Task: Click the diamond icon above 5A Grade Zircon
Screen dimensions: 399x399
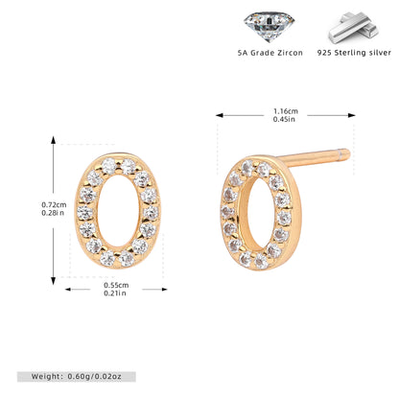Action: click(x=269, y=26)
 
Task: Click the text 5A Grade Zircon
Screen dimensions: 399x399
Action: click(x=270, y=53)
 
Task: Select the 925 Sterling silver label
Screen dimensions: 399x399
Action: click(x=354, y=53)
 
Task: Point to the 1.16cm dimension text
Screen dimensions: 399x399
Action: click(x=286, y=111)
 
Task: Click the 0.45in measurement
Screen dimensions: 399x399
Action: click(x=284, y=119)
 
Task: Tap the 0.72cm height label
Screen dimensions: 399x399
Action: click(x=54, y=204)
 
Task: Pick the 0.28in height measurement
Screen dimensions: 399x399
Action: click(x=53, y=213)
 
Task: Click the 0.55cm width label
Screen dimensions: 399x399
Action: click(x=116, y=285)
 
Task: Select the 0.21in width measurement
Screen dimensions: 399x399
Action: click(x=115, y=293)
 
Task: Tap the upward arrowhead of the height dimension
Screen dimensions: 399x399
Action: click(x=54, y=140)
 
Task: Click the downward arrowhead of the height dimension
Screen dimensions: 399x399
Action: click(x=54, y=281)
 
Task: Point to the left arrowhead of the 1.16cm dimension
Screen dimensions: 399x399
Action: click(x=220, y=115)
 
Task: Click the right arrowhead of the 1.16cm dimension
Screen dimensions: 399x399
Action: click(x=352, y=115)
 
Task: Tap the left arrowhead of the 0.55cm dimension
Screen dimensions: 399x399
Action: click(x=68, y=290)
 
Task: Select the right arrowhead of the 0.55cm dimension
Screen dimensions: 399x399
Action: click(x=164, y=290)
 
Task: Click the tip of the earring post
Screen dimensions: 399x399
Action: click(x=348, y=154)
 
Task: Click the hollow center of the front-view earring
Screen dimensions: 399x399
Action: click(x=118, y=211)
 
